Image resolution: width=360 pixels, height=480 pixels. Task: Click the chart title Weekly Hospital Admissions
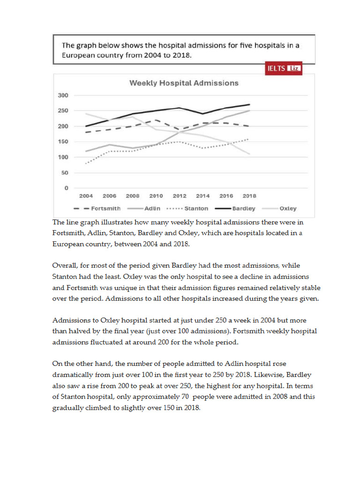[184, 83]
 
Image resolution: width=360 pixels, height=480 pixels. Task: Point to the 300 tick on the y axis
[63, 95]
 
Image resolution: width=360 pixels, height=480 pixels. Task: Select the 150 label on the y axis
[63, 142]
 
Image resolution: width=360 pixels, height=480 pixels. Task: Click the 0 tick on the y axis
[66, 188]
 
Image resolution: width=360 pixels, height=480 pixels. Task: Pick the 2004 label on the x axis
[86, 196]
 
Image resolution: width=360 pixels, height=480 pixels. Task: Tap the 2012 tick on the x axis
[180, 196]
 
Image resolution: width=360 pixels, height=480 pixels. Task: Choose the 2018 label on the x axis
[249, 196]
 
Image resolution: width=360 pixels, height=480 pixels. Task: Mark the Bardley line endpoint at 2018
[249, 105]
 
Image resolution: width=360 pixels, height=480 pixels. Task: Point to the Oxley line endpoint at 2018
[249, 154]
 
